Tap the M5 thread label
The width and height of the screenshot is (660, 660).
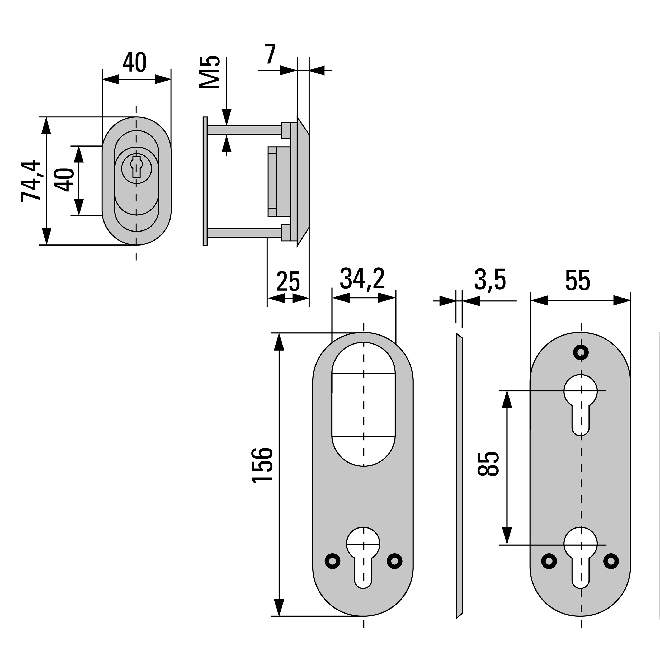(x=209, y=72)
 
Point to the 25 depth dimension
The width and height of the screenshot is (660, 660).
(x=288, y=281)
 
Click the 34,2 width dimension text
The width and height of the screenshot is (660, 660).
(x=362, y=279)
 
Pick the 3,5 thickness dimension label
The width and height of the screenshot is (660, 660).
(x=489, y=280)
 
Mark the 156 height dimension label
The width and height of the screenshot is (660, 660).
(x=262, y=465)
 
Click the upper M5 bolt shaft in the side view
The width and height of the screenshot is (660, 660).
(x=244, y=130)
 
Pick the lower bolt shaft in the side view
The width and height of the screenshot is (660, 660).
(x=244, y=233)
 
